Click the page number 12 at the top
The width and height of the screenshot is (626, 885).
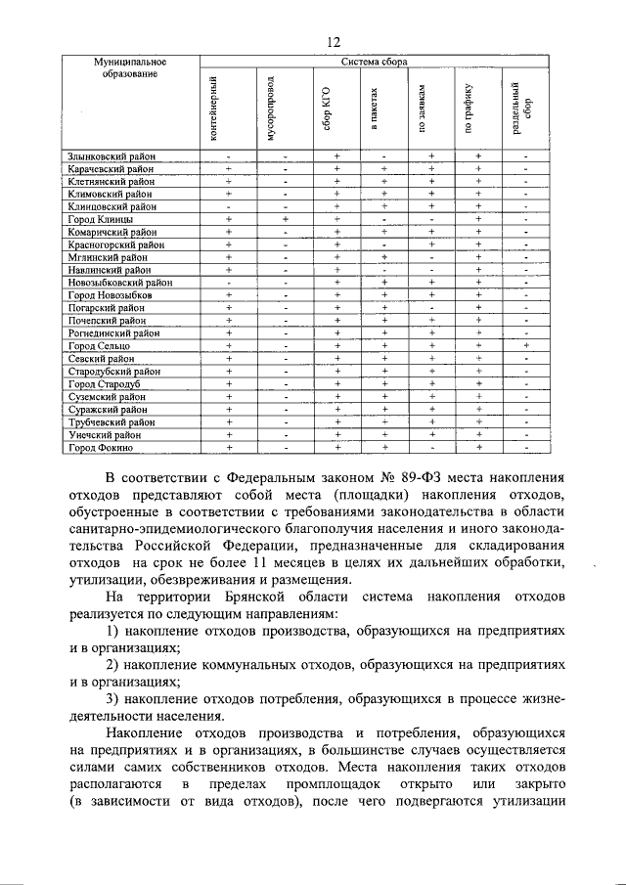tap(333, 41)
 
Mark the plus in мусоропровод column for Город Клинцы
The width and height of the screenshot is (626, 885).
tap(284, 219)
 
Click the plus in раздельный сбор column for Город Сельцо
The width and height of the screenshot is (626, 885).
tap(525, 345)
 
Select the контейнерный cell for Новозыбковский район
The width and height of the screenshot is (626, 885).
tap(228, 282)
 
